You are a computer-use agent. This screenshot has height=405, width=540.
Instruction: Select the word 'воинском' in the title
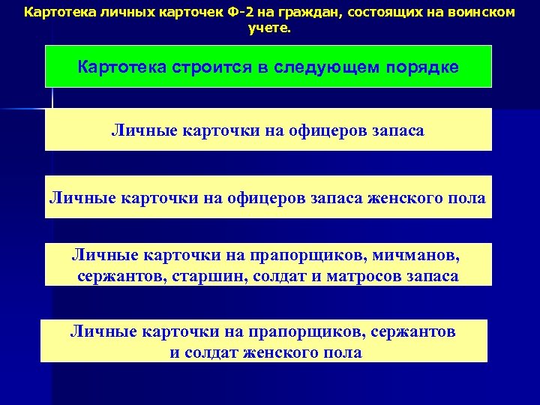479,13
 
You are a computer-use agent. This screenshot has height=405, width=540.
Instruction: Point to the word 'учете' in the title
268,29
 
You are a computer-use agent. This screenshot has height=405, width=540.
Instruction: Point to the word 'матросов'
364,275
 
